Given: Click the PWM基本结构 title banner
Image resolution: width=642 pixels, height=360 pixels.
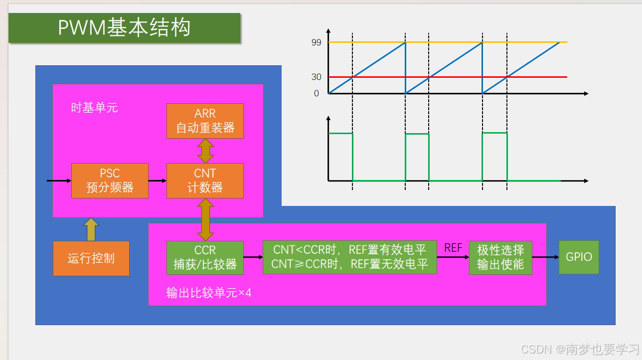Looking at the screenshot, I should [x=124, y=28].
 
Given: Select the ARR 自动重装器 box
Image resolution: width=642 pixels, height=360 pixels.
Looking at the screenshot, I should [x=205, y=121].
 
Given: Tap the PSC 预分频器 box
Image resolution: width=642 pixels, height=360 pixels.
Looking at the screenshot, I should [x=110, y=180].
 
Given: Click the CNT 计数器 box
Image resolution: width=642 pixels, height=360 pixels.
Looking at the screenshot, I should [x=205, y=180].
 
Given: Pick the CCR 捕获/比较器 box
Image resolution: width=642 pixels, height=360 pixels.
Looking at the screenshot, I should [x=205, y=258].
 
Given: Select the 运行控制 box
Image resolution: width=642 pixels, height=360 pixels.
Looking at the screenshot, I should [x=91, y=258].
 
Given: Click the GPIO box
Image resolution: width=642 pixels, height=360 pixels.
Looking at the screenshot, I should [x=579, y=257].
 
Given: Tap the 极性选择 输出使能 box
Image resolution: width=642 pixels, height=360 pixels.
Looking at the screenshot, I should [x=500, y=257].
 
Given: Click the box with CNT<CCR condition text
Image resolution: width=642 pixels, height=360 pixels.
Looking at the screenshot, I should [x=349, y=257].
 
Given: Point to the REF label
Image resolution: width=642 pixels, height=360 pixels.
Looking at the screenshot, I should [x=453, y=248].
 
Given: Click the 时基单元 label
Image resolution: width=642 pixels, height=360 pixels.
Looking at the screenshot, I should [x=94, y=108].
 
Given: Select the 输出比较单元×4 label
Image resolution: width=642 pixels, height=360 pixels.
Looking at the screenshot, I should [x=209, y=293].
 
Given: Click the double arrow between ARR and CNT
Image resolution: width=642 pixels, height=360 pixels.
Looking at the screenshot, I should [x=205, y=151].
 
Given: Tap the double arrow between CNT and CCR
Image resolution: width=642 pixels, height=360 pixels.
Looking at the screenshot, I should [x=205, y=219].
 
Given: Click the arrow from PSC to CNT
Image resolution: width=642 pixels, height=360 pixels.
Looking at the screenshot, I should [x=157, y=180].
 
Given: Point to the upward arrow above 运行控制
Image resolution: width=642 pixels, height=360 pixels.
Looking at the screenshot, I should [x=91, y=229].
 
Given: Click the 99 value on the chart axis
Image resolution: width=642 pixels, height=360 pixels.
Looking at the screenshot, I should [x=316, y=43].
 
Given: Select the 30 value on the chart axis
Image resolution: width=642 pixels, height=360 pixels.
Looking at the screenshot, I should [x=316, y=77].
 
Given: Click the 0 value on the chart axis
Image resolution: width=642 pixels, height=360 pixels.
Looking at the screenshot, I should [x=316, y=93].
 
